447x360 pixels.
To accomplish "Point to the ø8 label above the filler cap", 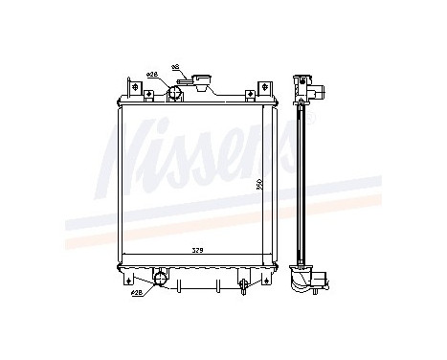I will coord(175,67).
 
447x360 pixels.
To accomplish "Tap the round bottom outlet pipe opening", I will coord(160,280).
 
